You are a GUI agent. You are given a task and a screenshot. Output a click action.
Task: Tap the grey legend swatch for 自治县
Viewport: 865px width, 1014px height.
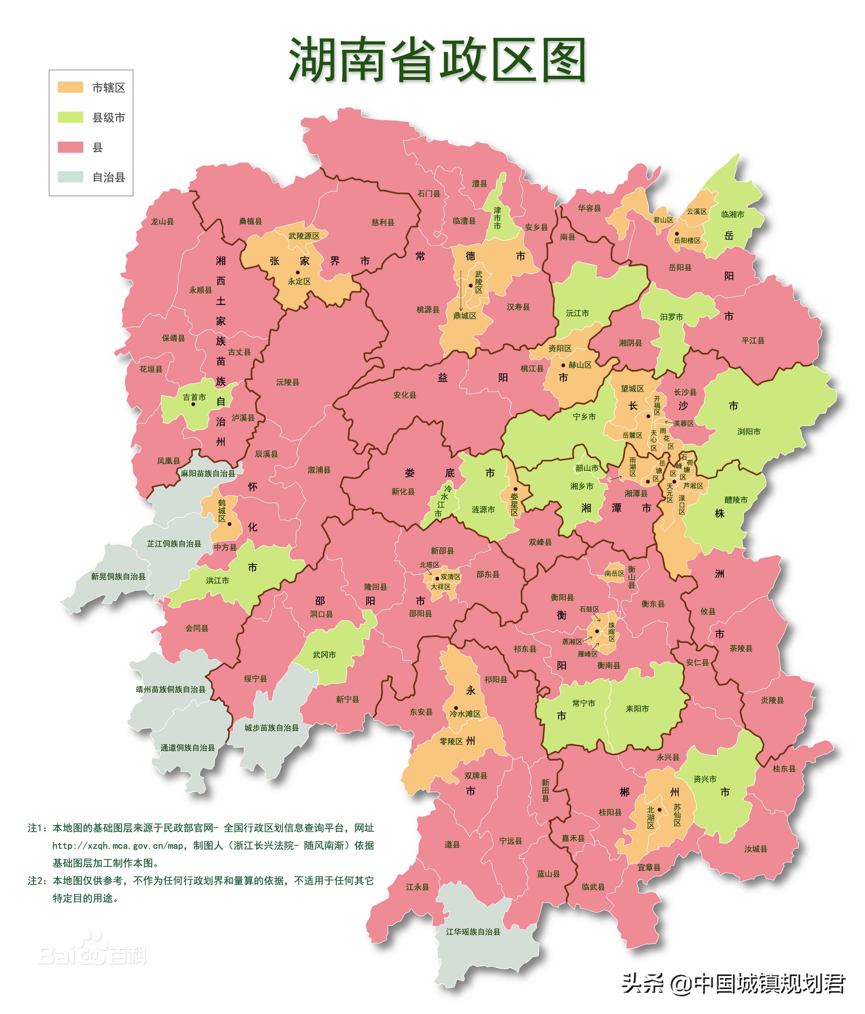tap(70, 177)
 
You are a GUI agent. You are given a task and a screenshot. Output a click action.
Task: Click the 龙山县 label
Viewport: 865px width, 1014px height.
tap(162, 221)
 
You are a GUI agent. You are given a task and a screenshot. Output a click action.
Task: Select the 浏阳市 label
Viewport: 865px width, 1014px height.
tap(749, 432)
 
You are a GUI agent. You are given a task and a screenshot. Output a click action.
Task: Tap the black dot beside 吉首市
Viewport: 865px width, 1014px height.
tap(193, 404)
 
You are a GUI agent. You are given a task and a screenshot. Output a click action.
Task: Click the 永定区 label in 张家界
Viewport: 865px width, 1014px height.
tap(299, 281)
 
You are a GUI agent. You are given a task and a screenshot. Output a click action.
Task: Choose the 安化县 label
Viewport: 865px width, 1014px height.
tap(405, 395)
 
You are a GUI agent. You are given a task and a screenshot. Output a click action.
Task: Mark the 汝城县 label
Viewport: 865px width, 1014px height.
tap(756, 849)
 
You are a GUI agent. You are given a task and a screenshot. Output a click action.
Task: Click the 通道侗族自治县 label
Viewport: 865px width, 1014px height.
tap(187, 748)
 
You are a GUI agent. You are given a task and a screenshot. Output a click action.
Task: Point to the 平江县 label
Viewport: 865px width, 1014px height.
tap(752, 340)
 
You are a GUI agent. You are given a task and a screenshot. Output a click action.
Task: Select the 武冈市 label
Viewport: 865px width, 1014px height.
tap(324, 655)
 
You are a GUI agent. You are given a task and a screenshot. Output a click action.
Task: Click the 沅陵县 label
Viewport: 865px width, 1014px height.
tap(287, 382)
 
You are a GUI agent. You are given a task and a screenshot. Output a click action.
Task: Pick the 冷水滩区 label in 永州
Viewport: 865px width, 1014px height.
tap(465, 714)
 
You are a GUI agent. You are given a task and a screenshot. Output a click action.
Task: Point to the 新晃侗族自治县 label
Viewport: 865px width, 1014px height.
tap(118, 577)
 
